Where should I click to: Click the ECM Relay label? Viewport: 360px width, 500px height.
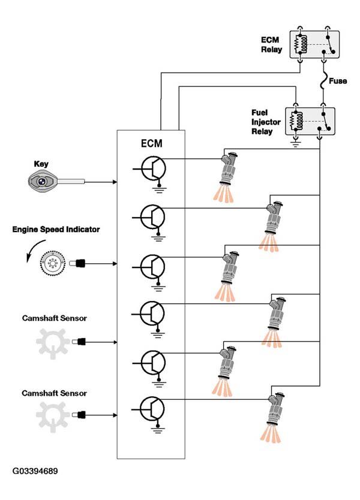click(272, 44)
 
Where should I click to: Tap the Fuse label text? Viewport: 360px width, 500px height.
click(338, 81)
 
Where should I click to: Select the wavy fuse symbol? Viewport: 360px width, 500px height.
click(323, 80)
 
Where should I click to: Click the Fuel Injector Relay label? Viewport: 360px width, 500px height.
click(266, 122)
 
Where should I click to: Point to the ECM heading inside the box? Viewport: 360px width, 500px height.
click(152, 143)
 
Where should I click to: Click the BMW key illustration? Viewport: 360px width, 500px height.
click(56, 182)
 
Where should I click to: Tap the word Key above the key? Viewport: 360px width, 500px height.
click(41, 164)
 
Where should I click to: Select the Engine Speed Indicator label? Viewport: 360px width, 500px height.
click(56, 229)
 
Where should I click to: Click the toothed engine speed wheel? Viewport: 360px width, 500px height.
click(53, 263)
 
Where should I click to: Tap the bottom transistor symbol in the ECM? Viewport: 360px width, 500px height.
click(152, 409)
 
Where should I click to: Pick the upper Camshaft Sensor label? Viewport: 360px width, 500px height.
click(54, 318)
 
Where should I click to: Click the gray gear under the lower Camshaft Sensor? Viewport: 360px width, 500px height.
click(52, 417)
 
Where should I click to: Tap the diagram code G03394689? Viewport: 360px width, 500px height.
click(35, 471)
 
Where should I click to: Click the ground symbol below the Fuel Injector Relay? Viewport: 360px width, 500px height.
click(296, 143)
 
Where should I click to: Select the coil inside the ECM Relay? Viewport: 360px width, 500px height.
click(304, 44)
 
